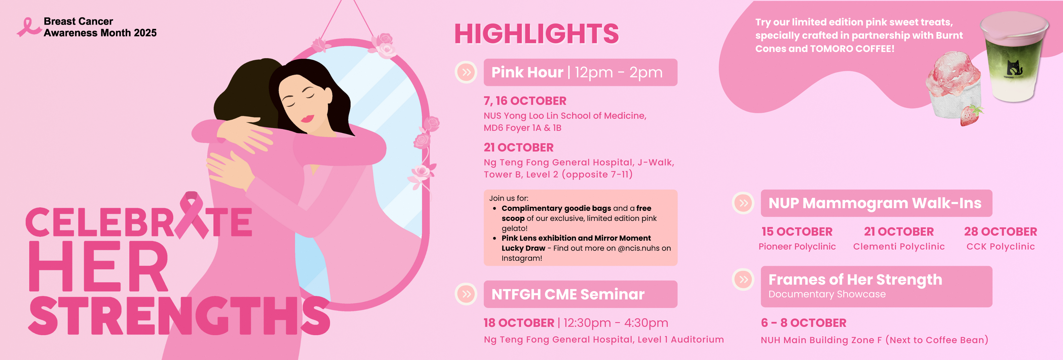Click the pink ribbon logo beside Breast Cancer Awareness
(28, 27)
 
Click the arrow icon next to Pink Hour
(466, 72)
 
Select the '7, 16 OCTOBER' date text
(525, 101)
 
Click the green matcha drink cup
(1014, 57)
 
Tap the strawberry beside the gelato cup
(971, 115)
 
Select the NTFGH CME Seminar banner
(580, 294)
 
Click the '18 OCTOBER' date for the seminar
(519, 323)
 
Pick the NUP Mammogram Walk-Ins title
(875, 203)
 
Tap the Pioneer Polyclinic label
(797, 247)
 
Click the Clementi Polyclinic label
(899, 247)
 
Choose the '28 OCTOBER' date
(1000, 232)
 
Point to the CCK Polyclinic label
(1000, 247)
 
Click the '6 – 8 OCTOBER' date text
(803, 323)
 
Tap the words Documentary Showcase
(827, 294)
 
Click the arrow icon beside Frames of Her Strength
(743, 279)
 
